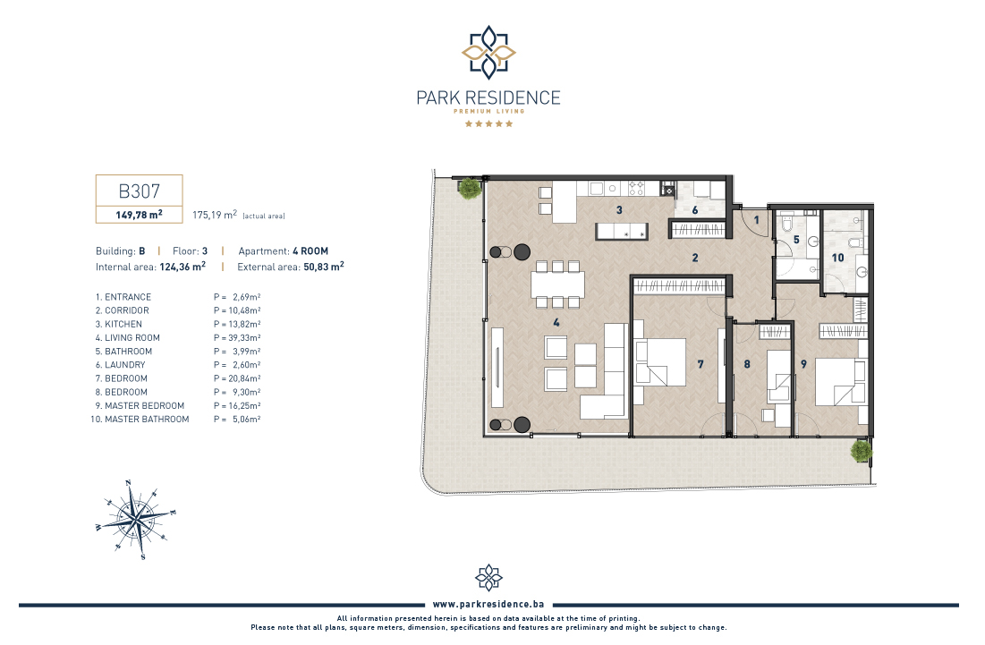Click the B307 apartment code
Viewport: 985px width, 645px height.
(139, 191)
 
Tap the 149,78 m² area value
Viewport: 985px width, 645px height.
(139, 215)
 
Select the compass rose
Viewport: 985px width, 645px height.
(136, 520)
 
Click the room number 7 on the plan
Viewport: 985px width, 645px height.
(701, 363)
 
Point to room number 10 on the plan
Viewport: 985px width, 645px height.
(837, 258)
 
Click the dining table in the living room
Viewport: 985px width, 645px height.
(558, 284)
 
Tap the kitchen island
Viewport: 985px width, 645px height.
(622, 231)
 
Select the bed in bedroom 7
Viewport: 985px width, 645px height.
(659, 362)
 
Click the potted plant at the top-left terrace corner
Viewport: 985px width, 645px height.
(470, 187)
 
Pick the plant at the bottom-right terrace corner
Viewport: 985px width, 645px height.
(862, 451)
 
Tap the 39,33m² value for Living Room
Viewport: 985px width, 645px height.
(244, 338)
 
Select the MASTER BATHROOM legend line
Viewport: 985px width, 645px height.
(140, 420)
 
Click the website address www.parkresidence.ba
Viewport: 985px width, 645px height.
(488, 604)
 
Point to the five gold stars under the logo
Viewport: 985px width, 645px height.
(488, 123)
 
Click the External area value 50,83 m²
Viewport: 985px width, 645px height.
(324, 267)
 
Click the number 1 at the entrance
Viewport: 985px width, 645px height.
(756, 220)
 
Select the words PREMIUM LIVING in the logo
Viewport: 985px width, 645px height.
(488, 111)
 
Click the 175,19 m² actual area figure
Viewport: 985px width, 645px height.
(215, 215)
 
